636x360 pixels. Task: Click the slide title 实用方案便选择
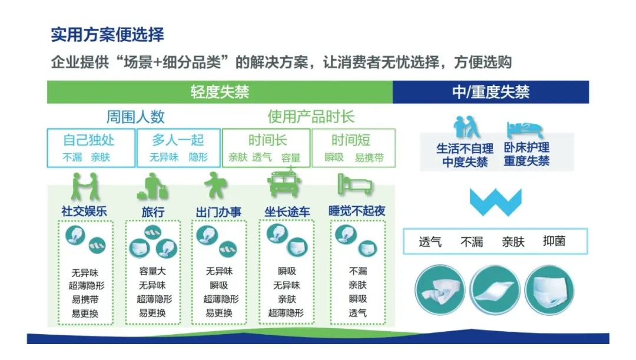pyautogui.click(x=108, y=35)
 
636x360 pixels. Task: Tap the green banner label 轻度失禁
pyautogui.click(x=220, y=92)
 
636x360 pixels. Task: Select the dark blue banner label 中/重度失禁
pyautogui.click(x=491, y=92)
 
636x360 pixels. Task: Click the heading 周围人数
pyautogui.click(x=135, y=117)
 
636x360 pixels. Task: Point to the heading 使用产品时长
pyautogui.click(x=311, y=117)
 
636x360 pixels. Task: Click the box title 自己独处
pyautogui.click(x=89, y=140)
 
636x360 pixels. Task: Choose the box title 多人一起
pyautogui.click(x=178, y=140)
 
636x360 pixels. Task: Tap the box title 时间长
pyautogui.click(x=268, y=140)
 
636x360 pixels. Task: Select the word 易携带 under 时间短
pyautogui.click(x=369, y=158)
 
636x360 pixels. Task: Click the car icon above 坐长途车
pyautogui.click(x=284, y=184)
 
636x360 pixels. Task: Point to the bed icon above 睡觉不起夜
pyautogui.click(x=355, y=184)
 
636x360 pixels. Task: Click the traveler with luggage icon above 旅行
pyautogui.click(x=153, y=186)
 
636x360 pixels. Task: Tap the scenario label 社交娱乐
pyautogui.click(x=84, y=211)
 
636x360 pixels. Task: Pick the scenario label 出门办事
pyautogui.click(x=218, y=212)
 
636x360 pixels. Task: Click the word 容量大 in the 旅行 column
pyautogui.click(x=153, y=271)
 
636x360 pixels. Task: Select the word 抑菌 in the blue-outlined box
pyautogui.click(x=554, y=241)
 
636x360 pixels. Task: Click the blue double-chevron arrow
pyautogui.click(x=496, y=202)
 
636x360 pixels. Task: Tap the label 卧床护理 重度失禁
pyautogui.click(x=526, y=154)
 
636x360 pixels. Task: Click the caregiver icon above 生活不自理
pyautogui.click(x=466, y=127)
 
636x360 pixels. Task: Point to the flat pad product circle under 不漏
pyautogui.click(x=495, y=290)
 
